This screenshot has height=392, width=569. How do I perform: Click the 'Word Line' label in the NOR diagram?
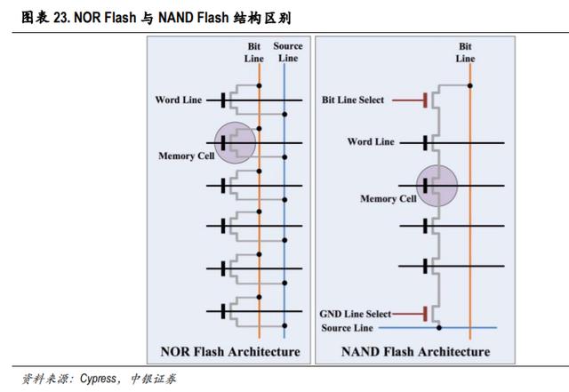(x=178, y=100)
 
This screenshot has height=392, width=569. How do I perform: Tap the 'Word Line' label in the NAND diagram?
(x=371, y=141)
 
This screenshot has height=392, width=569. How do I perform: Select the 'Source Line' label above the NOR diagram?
(x=288, y=52)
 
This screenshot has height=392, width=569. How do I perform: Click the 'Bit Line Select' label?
(x=352, y=100)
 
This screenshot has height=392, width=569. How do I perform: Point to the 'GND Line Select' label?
(x=356, y=314)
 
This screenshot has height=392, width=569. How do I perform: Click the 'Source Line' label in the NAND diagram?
(x=347, y=328)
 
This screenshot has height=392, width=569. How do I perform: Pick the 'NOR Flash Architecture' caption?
(x=230, y=351)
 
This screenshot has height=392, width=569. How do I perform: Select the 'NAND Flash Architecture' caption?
(x=415, y=351)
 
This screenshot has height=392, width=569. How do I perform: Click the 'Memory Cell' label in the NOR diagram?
(x=186, y=156)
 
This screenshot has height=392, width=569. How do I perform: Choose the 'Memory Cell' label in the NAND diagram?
(x=388, y=198)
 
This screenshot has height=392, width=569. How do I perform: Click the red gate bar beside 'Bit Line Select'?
(x=425, y=100)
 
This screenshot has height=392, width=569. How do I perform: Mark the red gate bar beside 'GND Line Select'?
(x=425, y=314)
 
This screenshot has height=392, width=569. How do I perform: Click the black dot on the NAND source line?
(x=439, y=328)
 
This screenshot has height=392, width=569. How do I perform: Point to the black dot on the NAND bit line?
(x=470, y=85)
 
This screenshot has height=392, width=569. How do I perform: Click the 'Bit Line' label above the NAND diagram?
(x=465, y=52)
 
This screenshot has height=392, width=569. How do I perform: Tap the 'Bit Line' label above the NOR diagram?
(x=253, y=52)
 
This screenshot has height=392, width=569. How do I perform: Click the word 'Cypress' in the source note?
(x=98, y=379)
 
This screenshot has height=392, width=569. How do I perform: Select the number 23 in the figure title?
(x=60, y=18)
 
